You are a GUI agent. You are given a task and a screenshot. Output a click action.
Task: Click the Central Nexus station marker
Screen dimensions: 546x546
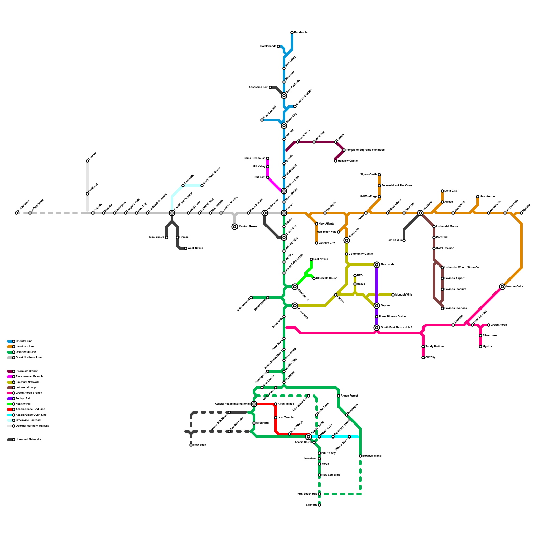(x=235, y=227)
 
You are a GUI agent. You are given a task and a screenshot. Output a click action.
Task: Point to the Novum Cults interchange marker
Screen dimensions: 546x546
(x=502, y=287)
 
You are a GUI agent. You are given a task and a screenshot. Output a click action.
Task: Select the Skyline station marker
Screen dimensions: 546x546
(x=377, y=306)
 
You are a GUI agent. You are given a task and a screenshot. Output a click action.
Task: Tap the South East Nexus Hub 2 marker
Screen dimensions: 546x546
(x=377, y=328)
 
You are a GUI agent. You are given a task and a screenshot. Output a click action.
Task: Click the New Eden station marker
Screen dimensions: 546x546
(x=191, y=445)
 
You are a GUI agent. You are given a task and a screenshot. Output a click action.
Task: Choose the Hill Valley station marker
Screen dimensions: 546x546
(x=268, y=167)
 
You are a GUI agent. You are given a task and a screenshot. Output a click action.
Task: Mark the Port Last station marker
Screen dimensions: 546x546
(x=268, y=177)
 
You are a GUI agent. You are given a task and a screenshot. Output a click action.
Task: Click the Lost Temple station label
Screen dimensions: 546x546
(x=286, y=418)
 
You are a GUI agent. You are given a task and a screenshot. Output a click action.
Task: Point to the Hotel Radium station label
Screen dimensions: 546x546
(x=445, y=248)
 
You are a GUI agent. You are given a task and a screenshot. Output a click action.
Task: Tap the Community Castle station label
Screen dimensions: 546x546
(x=360, y=254)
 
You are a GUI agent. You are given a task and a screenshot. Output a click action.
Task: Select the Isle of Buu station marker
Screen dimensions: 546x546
(x=404, y=240)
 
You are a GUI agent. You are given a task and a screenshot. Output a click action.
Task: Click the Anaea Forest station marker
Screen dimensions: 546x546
(x=339, y=396)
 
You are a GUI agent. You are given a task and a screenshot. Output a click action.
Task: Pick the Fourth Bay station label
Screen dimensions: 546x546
(x=328, y=453)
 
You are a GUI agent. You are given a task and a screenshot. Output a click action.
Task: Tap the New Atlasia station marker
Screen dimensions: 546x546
(x=317, y=224)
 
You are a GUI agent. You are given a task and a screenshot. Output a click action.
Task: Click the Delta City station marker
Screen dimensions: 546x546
(x=442, y=191)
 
